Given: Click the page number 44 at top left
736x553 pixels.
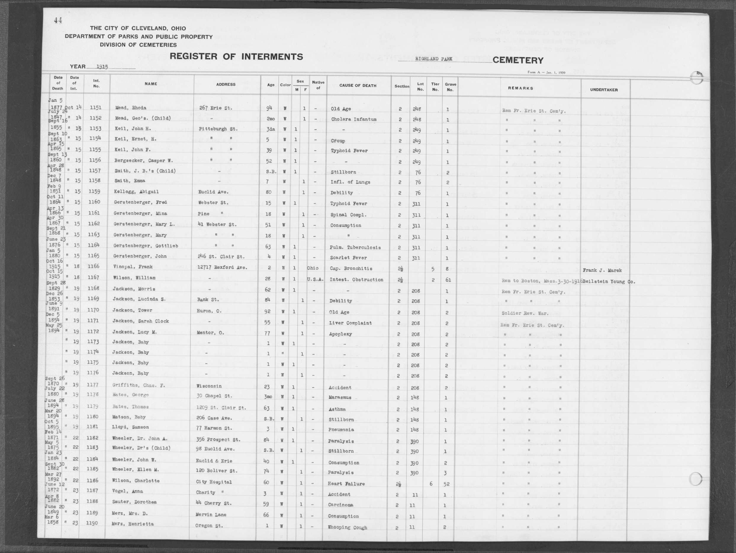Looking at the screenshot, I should coord(58,21).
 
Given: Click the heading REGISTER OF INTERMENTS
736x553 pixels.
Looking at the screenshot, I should coord(236,56).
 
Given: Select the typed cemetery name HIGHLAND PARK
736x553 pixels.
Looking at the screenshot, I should coord(433,59).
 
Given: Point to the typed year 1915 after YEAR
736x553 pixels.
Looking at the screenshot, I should coord(102,67).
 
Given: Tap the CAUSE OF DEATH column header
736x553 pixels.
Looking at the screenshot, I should coord(358,85).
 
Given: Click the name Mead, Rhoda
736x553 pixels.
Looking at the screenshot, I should coord(131,108).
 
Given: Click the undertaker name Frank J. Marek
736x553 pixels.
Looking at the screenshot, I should coord(602,270).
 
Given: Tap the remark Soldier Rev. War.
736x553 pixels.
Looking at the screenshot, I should coord(525,313).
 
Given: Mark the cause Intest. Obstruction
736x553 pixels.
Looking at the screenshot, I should coord(356,279).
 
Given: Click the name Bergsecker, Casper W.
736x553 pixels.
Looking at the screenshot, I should coord(144,160).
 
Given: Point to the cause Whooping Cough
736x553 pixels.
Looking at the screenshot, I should coord(347,527).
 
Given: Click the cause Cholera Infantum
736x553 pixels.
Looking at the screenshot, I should coord(353,119).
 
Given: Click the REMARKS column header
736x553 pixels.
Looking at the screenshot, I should coord(520,88).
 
